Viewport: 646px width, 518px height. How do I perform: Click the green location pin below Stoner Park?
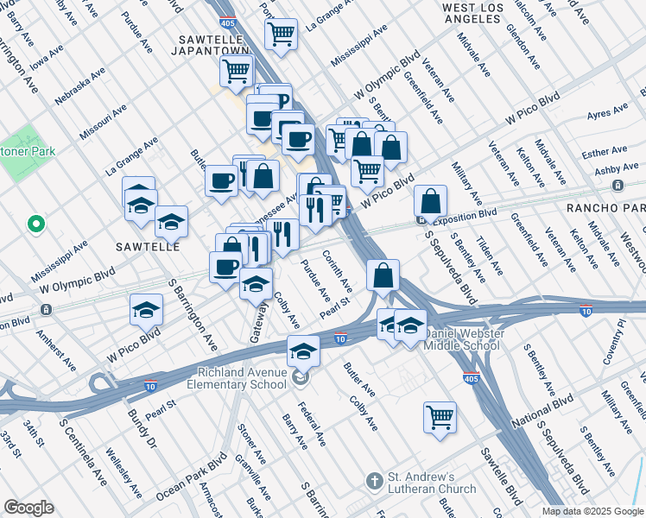(x=35, y=225)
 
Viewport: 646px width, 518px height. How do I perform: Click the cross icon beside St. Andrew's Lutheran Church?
(x=374, y=479)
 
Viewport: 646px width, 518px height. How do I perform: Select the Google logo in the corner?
(x=28, y=508)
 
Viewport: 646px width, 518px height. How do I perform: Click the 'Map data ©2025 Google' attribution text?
(x=592, y=511)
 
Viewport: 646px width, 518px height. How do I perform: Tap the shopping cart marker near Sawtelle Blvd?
(x=440, y=417)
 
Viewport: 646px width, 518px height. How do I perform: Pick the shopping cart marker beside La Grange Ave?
(x=281, y=35)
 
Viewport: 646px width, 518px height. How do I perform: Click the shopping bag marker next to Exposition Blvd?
(x=430, y=201)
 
